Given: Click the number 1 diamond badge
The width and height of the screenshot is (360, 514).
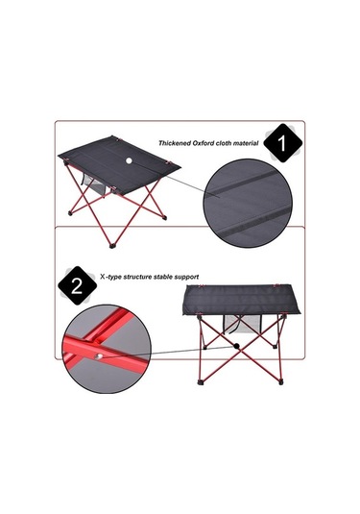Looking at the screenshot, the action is pos(282,143).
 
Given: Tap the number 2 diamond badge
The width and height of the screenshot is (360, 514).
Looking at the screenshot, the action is pos(78,285).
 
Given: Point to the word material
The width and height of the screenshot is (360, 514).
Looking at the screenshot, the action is pos(245,143).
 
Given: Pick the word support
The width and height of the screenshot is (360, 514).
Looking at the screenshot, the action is pos(186,278).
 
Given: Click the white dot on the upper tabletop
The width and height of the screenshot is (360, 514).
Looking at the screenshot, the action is pos(129,160).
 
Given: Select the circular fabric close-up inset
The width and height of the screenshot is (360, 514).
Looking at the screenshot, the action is pos(248,203).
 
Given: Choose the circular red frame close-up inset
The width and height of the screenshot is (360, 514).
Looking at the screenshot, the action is pos(107,349).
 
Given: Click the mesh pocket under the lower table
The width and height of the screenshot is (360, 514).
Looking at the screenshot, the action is pos(241,325).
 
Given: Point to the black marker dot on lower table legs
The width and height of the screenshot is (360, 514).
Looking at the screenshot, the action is pos(236,346).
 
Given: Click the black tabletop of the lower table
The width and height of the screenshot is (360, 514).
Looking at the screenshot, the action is pos(241,300).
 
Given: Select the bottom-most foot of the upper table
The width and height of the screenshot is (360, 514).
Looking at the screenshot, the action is pos(112,245).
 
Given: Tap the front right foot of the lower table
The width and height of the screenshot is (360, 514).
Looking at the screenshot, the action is pos(280,381).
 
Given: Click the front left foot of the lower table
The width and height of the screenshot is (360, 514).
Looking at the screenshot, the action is pos(200,381).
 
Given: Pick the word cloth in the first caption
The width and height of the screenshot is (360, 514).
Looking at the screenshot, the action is pos(223,143).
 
